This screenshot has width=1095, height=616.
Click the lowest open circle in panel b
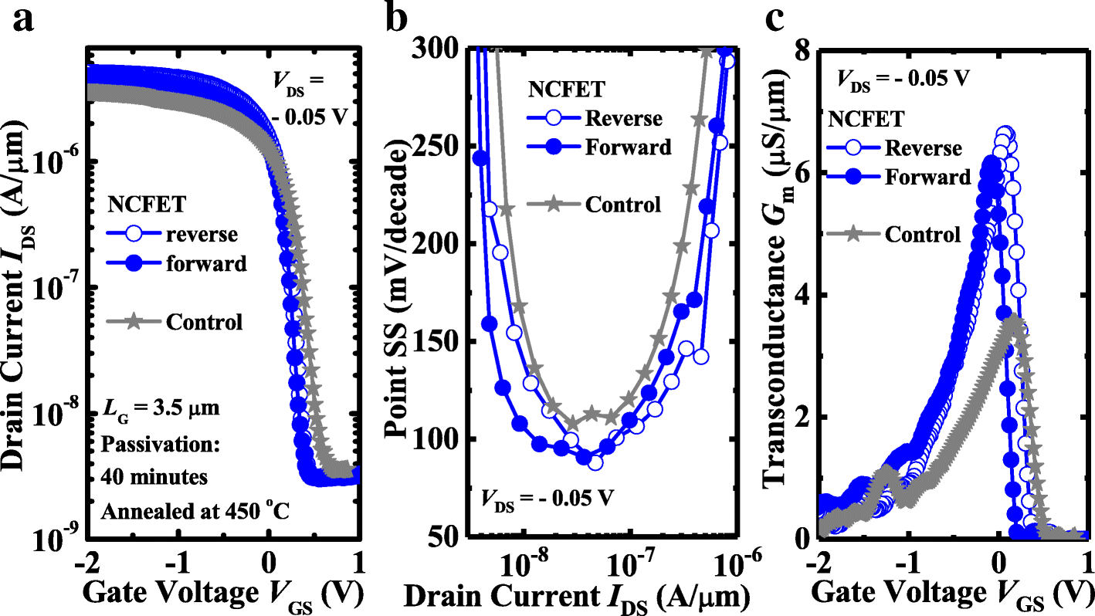point(595,462)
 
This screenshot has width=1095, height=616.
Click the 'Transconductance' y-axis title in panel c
point(776,293)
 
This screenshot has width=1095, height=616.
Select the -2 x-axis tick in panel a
point(91,560)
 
